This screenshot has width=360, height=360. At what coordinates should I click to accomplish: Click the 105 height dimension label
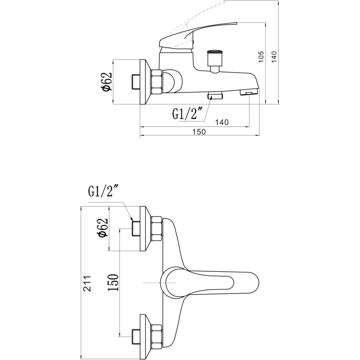tap(261, 57)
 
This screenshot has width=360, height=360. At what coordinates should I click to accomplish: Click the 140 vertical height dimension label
tap(274, 57)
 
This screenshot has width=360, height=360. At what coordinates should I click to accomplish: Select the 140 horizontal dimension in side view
tap(222, 122)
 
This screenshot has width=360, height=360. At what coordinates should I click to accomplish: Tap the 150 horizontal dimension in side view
tap(199, 132)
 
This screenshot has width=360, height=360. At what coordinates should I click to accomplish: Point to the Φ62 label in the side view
tap(107, 82)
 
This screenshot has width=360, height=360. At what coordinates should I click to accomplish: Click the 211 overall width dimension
tap(87, 283)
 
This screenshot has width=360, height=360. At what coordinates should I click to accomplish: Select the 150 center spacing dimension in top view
tap(114, 283)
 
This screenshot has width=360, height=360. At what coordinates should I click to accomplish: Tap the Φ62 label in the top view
tap(103, 227)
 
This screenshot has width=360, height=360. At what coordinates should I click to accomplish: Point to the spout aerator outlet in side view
tap(249, 92)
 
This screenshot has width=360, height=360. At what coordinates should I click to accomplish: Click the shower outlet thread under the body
tap(215, 95)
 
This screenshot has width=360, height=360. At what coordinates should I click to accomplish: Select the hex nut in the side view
tap(157, 82)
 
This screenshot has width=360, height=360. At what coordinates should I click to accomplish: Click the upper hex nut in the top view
tap(157, 229)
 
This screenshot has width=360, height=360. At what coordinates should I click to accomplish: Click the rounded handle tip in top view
tap(255, 283)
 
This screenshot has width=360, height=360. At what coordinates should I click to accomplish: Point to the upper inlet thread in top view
tap(136, 229)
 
